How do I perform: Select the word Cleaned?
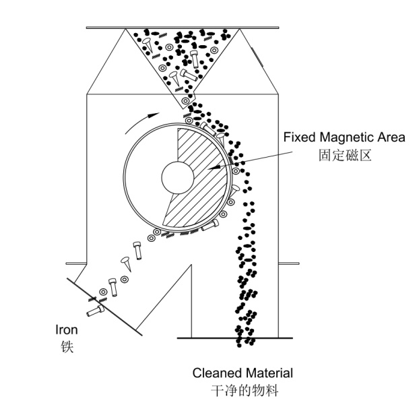pos(216,373)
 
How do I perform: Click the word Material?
pos(269,373)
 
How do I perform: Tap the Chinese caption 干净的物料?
pos(243,390)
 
